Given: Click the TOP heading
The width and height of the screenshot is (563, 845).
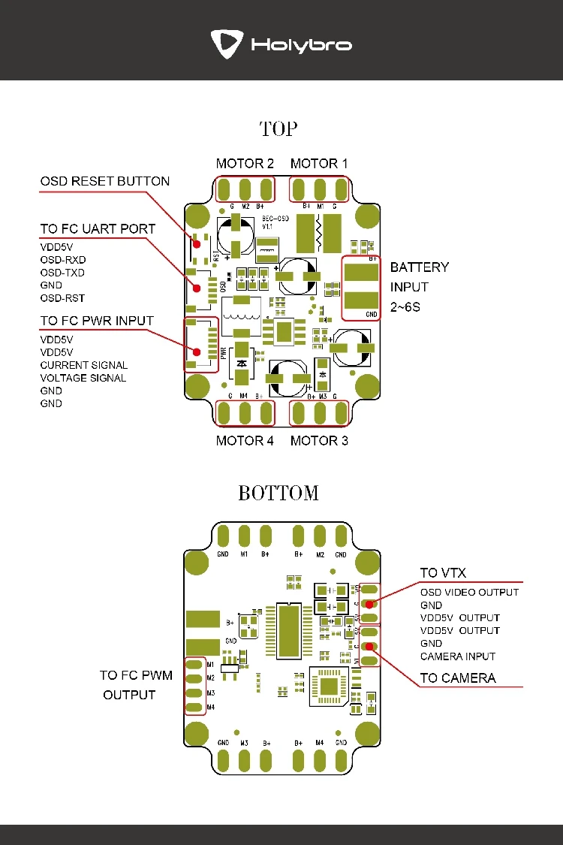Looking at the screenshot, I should pyautogui.click(x=278, y=129).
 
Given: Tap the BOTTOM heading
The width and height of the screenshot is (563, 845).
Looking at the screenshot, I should pyautogui.click(x=278, y=493).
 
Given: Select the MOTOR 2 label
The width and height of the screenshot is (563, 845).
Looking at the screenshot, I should pyautogui.click(x=244, y=164).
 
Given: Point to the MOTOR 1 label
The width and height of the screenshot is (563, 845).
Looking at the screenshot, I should pyautogui.click(x=319, y=164).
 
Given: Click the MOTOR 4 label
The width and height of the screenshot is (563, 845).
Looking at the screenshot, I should pyautogui.click(x=244, y=441).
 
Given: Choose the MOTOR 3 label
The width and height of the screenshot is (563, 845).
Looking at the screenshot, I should pyautogui.click(x=319, y=441).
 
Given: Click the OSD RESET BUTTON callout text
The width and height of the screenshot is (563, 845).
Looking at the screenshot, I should pyautogui.click(x=105, y=181).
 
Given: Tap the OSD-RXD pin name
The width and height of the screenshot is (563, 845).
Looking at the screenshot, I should pyautogui.click(x=63, y=259).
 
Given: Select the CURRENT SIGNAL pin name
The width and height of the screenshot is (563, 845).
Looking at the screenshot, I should pyautogui.click(x=83, y=365).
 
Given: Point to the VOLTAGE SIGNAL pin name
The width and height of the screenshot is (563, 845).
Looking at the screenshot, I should pyautogui.click(x=83, y=378).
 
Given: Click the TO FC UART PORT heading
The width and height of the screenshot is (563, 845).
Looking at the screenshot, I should pyautogui.click(x=98, y=229).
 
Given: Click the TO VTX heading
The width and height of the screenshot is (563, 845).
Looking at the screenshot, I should pyautogui.click(x=443, y=574).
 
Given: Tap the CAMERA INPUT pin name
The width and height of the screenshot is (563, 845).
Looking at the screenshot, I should pyautogui.click(x=457, y=656).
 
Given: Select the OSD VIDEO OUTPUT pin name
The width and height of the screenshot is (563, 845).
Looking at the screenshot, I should pyautogui.click(x=469, y=593).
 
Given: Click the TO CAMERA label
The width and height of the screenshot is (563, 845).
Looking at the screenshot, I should pyautogui.click(x=457, y=678).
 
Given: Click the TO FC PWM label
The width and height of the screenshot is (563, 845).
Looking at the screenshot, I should pyautogui.click(x=136, y=675).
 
